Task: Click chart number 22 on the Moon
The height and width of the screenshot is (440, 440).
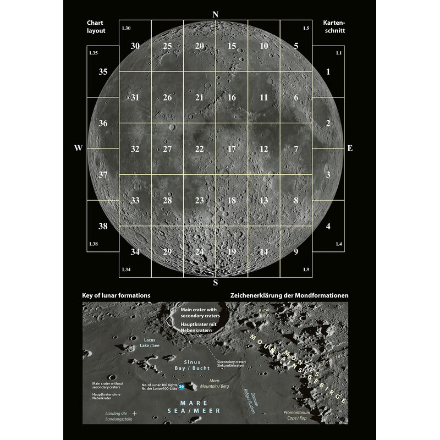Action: tap(199, 149)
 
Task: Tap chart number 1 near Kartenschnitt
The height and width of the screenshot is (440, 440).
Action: tap(328, 72)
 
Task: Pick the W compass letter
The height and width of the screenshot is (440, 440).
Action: tap(79, 149)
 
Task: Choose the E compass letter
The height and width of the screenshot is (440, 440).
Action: tap(350, 149)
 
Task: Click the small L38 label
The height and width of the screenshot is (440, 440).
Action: tap(94, 243)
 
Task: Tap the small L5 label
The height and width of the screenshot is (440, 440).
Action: tap(306, 28)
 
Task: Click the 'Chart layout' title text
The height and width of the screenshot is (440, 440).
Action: tap(96, 27)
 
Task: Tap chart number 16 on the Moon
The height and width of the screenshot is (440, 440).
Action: tap(232, 97)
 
